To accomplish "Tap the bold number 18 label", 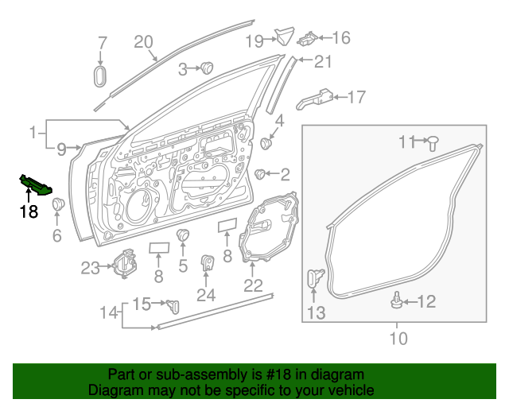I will coord(29,211).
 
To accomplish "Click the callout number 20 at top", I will coord(142,42).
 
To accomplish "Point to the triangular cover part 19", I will coord(282,36).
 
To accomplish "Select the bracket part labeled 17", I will coord(317,99).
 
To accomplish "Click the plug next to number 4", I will coord(266,144).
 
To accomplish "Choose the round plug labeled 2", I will coord(260,173).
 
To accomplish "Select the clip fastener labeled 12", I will coord(395,300).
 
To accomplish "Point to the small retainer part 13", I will coord(315,279).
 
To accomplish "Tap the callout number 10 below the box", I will coord(398,339).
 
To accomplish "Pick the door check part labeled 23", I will coord(122,263).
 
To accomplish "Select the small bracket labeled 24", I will coord(207,263).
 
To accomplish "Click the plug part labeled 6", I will coord(57,205).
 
